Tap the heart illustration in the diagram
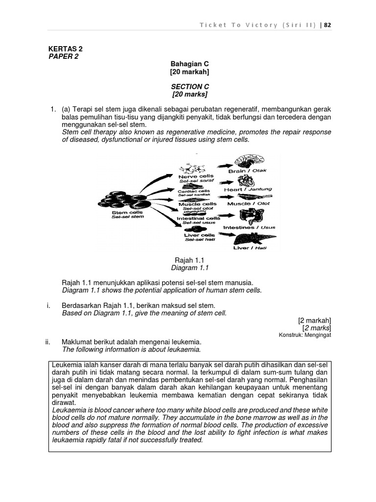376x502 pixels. [x=246, y=179]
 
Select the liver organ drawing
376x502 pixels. [x=250, y=239]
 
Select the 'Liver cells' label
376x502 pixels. [x=197, y=235]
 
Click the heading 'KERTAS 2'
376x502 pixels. [x=65, y=49]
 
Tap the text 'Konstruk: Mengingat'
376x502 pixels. [x=305, y=335]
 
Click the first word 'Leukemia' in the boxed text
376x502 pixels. [x=67, y=365]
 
